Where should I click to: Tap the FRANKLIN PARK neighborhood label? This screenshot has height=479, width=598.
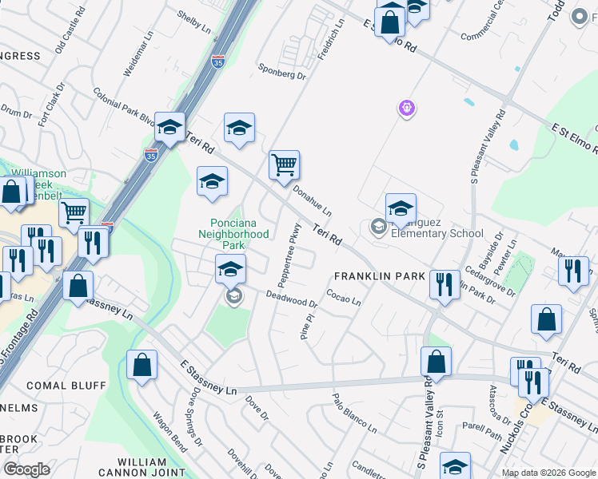(379, 276)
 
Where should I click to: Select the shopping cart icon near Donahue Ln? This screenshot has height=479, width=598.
(284, 166)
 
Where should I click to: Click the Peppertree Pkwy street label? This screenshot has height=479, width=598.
(289, 254)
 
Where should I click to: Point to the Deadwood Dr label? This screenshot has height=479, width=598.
(292, 299)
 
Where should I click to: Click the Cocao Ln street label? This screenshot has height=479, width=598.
(344, 297)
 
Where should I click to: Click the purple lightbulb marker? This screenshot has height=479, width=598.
(407, 108)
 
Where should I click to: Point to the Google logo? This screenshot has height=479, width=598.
(26, 469)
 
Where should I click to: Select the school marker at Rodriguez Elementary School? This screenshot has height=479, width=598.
(401, 209)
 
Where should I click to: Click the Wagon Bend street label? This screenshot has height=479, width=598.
(169, 432)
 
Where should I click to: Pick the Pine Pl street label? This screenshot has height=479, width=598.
(305, 327)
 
